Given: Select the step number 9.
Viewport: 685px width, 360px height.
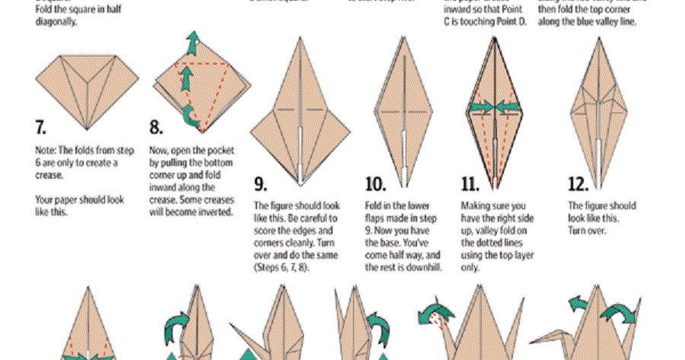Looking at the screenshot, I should (260, 183).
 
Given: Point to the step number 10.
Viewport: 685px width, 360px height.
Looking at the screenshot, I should (376, 183).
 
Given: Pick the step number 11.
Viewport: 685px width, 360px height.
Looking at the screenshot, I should (470, 183).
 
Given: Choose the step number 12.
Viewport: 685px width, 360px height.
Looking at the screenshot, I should (579, 183).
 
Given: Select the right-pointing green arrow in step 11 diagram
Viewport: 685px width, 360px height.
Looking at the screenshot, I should (480, 107).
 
